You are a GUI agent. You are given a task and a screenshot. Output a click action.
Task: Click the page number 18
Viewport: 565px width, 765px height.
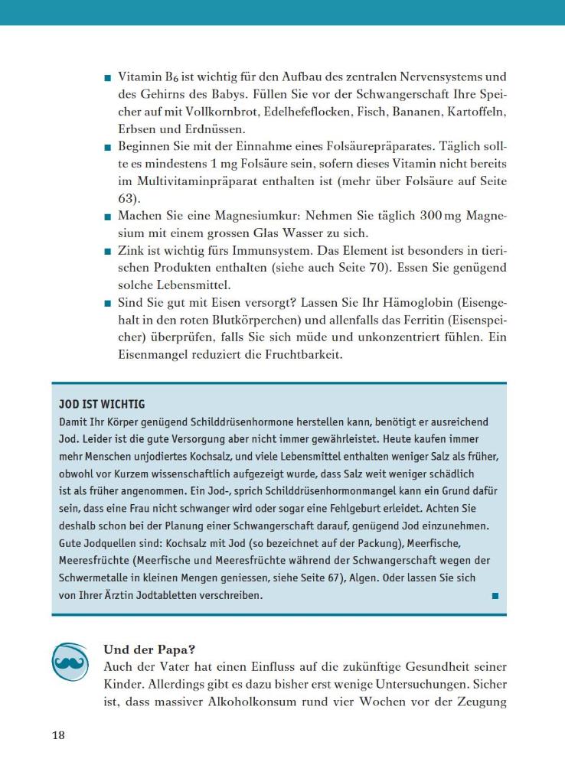point(58,736)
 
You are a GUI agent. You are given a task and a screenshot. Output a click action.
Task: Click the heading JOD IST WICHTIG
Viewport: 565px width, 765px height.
point(102,404)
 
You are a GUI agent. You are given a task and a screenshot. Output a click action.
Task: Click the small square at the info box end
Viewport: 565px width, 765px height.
point(495,595)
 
